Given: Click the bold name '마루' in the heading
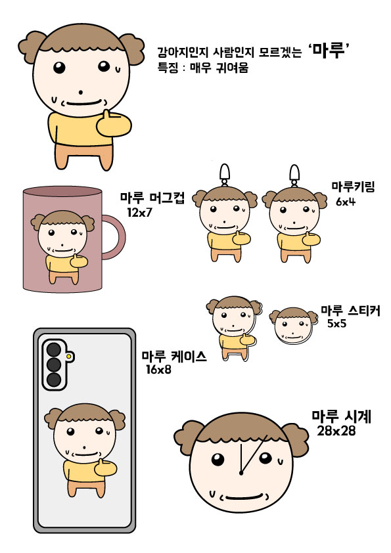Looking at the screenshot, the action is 328,50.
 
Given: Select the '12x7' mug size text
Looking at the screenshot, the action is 140,212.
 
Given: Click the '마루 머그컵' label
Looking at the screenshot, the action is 152,198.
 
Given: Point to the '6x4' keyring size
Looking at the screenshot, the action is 346,202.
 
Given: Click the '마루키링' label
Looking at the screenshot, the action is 352,187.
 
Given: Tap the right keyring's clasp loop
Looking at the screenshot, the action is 294,174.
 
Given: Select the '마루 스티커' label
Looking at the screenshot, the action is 350,311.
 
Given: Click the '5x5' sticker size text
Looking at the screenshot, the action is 336,323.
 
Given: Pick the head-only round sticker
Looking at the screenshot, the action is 293,326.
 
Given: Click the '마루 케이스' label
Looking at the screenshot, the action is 174,357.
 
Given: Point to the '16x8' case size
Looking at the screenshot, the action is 158,370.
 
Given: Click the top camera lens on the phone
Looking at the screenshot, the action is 54,349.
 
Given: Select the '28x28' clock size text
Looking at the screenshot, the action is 336,431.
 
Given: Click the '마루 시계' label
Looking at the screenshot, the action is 342,416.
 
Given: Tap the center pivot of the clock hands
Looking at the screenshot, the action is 241,473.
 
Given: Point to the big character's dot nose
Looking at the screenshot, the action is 80,93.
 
